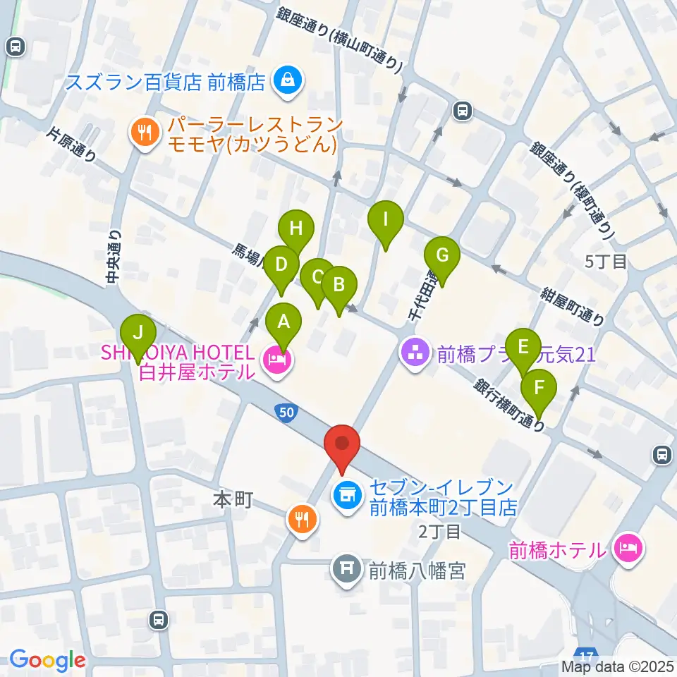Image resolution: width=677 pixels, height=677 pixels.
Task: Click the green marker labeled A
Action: pyautogui.click(x=283, y=323)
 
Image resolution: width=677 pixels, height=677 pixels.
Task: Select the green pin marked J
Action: pyautogui.click(x=138, y=332)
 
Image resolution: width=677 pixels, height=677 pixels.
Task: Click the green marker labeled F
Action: pyautogui.click(x=539, y=388)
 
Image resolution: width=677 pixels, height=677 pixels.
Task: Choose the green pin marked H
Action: pyautogui.click(x=295, y=229)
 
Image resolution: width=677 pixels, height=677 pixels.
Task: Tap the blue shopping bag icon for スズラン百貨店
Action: pyautogui.click(x=288, y=80)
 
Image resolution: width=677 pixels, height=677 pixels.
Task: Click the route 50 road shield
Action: pyautogui.click(x=284, y=412)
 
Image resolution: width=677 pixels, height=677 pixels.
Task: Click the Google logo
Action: pyautogui.click(x=47, y=660)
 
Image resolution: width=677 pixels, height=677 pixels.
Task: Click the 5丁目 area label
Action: pyautogui.click(x=606, y=262)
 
